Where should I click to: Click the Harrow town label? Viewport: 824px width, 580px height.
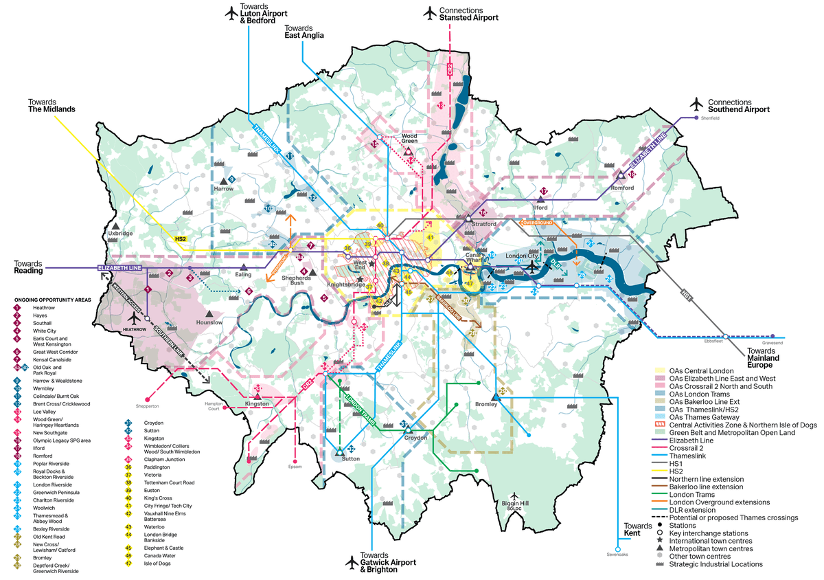(x=223, y=188)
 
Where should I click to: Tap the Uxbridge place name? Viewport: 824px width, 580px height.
(x=120, y=234)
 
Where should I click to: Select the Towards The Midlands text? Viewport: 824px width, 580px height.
(x=51, y=104)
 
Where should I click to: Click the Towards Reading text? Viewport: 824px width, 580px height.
(x=29, y=267)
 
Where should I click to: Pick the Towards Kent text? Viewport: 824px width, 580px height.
(x=638, y=529)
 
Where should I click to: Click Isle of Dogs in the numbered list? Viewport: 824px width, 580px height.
(x=158, y=564)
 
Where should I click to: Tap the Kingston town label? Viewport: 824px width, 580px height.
(x=257, y=404)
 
